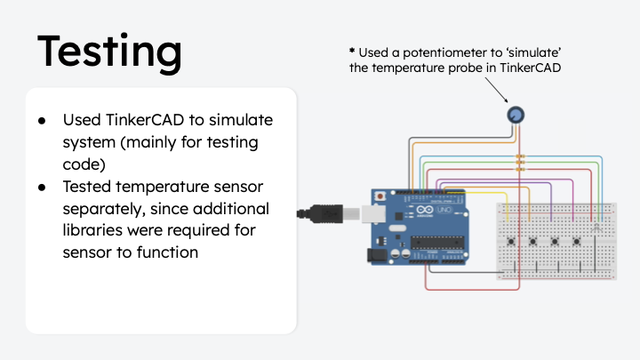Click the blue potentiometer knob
click(516, 115)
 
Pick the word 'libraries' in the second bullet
click(94, 231)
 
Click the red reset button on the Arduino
click(381, 196)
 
